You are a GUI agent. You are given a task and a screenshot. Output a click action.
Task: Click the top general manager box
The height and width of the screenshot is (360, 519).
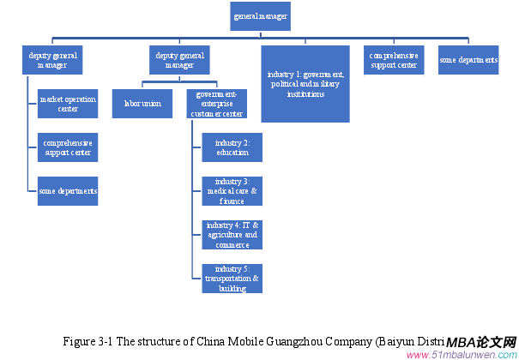coord(261,16)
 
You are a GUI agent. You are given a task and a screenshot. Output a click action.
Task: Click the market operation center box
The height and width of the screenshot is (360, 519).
coord(68,105)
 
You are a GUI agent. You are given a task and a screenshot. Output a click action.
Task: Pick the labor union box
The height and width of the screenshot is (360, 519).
coord(142,103)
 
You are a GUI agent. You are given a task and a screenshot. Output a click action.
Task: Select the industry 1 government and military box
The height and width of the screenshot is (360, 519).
coord(305,83)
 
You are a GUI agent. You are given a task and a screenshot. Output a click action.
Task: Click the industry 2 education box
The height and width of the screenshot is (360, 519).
coord(232,147)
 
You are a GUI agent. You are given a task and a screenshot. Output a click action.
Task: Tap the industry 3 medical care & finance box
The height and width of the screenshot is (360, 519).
coord(232,191)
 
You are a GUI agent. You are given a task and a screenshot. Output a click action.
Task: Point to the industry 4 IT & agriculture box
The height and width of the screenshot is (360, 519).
coord(232,234)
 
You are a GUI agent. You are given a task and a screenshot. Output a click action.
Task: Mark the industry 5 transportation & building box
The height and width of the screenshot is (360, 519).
coord(232,279)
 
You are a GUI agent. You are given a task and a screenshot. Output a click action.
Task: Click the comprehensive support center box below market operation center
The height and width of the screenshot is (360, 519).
coord(68,147)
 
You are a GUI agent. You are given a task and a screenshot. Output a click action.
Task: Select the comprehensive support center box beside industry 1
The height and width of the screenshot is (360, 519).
coord(394,60)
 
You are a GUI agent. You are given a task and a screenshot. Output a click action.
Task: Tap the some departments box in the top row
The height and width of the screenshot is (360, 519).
coord(468,60)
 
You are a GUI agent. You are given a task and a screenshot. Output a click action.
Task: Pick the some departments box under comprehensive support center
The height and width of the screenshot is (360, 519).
coord(68,190)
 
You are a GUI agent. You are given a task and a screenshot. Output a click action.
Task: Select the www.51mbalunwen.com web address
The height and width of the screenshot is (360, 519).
coord(461,354)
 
